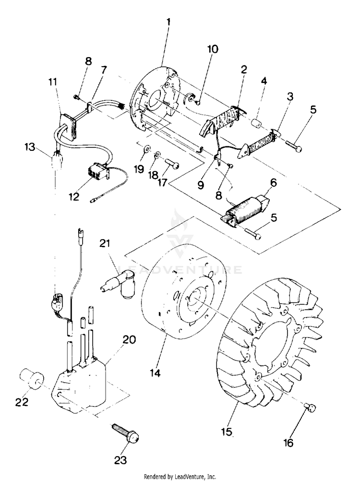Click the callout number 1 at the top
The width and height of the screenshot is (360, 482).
[x=168, y=22]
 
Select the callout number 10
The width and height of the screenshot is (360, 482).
[x=213, y=49]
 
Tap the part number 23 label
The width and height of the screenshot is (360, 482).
[x=120, y=460]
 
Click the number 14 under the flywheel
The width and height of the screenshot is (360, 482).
[x=156, y=373]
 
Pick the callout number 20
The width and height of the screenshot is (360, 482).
[x=129, y=340]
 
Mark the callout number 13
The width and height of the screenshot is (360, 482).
[x=30, y=147]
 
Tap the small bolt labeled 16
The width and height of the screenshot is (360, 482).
[x=311, y=408]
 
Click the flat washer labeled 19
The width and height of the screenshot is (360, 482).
[x=147, y=149]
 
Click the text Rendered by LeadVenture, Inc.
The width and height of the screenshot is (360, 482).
[x=180, y=477]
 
